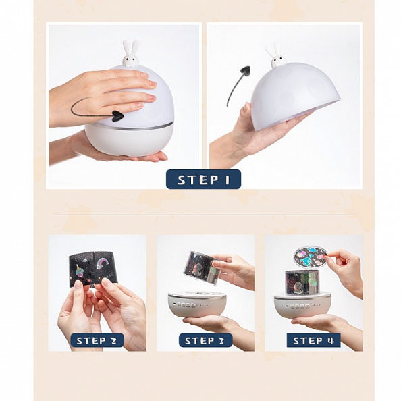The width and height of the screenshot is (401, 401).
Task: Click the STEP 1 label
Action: pos(203,180)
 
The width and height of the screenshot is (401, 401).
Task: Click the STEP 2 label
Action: pos(97,340)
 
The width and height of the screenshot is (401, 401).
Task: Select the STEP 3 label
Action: pos(205,340)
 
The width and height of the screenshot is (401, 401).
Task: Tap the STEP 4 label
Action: pos(313,340)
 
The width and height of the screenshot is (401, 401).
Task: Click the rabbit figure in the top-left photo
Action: pos(130,54)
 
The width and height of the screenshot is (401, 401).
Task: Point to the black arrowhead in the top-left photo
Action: pos(118,115)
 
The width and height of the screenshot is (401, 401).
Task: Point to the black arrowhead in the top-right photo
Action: pos(245,70)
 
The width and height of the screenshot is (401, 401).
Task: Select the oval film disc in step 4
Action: pos(310,257)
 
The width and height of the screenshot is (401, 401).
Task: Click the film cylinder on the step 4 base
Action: pos(302,282)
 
